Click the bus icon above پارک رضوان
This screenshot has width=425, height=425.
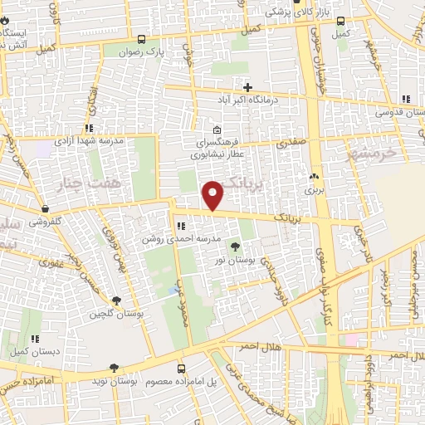[x=141, y=39]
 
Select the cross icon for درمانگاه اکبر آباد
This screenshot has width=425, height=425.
[x=247, y=87]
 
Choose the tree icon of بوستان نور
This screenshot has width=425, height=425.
[x=235, y=247]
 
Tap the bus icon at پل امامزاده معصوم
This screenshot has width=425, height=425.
[x=182, y=367]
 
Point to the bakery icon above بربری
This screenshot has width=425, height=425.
[x=314, y=177]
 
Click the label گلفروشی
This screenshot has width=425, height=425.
[x=28, y=222]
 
